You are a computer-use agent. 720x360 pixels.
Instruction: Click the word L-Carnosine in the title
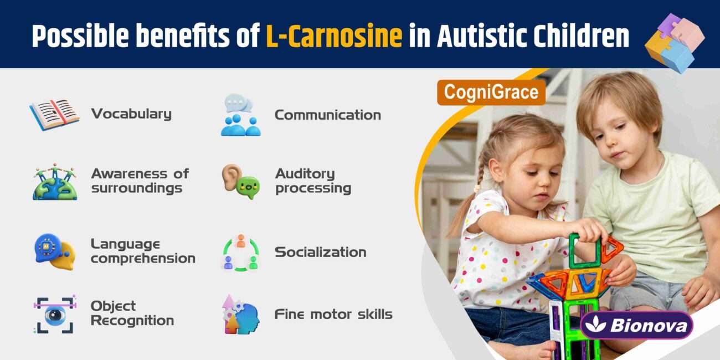click(334, 37)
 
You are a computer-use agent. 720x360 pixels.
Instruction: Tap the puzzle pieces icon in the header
click(674, 43)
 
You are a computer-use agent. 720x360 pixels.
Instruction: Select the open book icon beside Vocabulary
click(54, 114)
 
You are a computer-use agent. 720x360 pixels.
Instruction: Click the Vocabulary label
click(131, 114)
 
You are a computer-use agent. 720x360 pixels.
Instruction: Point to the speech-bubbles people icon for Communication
click(240, 115)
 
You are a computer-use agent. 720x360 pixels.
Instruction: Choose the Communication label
click(327, 115)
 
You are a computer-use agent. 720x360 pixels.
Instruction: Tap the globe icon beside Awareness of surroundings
click(54, 182)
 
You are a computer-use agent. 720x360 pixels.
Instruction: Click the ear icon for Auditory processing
click(240, 181)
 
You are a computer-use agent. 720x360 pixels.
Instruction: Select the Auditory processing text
click(313, 181)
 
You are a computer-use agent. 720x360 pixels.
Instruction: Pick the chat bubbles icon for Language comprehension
click(54, 251)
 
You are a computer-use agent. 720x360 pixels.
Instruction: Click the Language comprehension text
click(143, 251)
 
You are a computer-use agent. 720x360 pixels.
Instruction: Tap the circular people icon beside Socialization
click(240, 253)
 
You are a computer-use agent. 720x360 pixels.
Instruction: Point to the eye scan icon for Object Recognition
click(54, 314)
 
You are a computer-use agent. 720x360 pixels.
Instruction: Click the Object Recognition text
click(132, 313)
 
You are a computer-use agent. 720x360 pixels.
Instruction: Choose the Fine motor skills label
click(333, 315)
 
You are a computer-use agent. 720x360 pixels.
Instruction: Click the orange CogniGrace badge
click(491, 92)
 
